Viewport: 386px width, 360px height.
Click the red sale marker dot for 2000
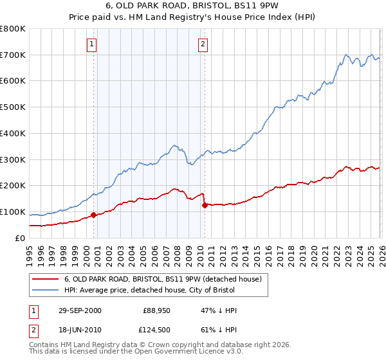pyautogui.click(x=94, y=215)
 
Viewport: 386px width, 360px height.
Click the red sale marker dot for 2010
pyautogui.click(x=205, y=206)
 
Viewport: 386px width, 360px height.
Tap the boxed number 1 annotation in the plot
pyautogui.click(x=91, y=44)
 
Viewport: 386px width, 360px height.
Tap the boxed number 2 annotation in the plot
pyautogui.click(x=203, y=44)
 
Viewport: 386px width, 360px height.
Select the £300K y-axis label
pyautogui.click(x=13, y=159)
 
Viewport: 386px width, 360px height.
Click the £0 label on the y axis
pyautogui.click(x=21, y=238)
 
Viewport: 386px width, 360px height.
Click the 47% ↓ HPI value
pyautogui.click(x=219, y=310)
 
